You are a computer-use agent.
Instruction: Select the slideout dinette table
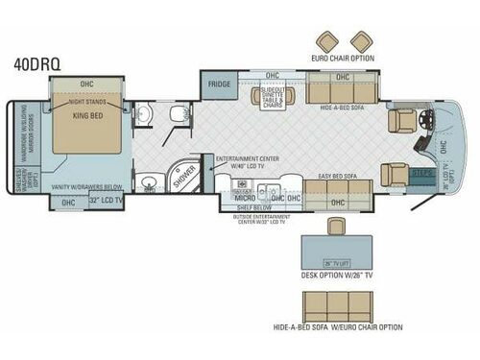(x=272, y=96)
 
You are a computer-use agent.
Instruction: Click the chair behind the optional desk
(x=335, y=227)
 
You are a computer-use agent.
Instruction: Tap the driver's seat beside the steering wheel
(x=400, y=120)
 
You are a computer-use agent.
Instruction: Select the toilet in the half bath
(x=179, y=113)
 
